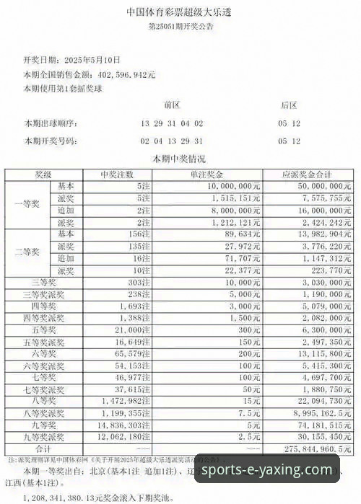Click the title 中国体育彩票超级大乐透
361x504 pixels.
(x=180, y=12)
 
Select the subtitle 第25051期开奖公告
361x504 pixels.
(x=180, y=26)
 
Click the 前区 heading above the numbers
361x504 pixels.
(x=172, y=105)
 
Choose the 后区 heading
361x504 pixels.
(x=288, y=105)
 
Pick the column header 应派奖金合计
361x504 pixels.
(x=308, y=174)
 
